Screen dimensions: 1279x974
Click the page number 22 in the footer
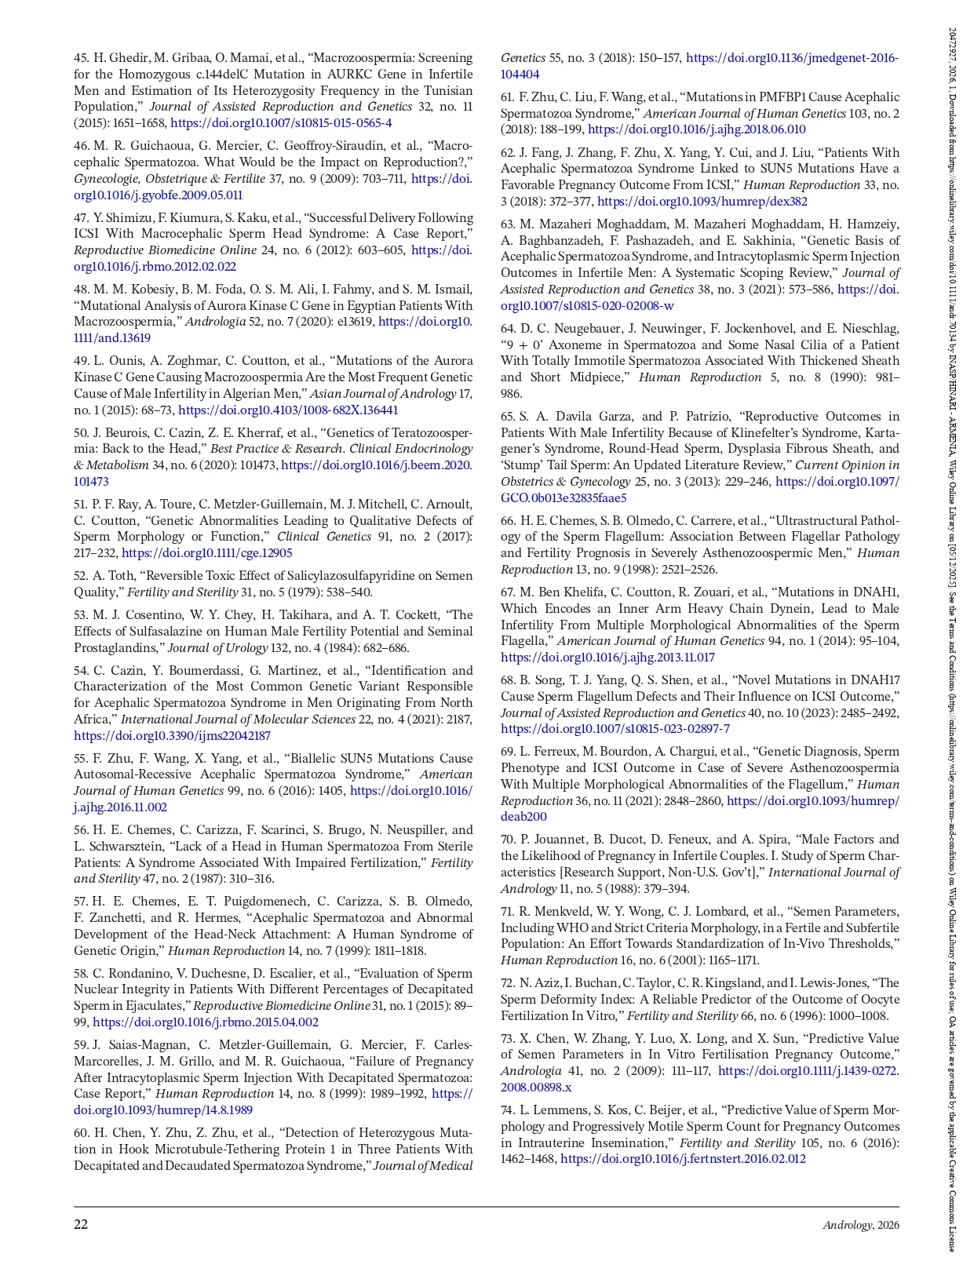point(81,1224)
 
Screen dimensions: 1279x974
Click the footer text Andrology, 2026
point(860,1225)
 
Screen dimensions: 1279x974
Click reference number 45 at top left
point(82,58)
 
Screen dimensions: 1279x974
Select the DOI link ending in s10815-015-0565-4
point(281,123)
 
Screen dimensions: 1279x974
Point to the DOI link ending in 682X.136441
point(288,410)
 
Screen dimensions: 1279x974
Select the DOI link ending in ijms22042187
point(172,736)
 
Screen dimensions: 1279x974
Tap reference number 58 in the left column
point(82,974)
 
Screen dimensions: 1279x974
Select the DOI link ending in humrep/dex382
point(702,202)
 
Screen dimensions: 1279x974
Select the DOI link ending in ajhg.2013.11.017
point(607,658)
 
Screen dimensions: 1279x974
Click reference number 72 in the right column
point(508,983)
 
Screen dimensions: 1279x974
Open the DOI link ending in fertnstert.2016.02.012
point(683,1159)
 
